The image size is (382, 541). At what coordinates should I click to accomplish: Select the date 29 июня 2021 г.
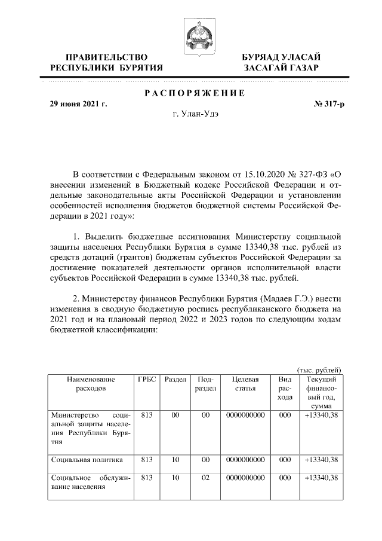78,104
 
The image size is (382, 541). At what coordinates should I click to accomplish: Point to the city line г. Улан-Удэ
192,115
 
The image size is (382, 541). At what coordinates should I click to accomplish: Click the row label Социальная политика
87,460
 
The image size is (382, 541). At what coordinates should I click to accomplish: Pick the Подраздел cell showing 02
205,478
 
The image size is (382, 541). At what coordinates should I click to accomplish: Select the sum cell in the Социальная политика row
321,460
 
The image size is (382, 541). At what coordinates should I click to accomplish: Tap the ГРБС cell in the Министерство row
147,414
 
